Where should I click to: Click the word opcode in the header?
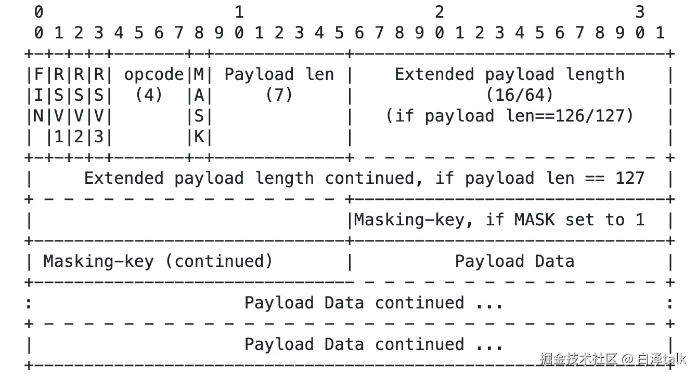pyautogui.click(x=154, y=75)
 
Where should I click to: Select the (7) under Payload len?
pyautogui.click(x=279, y=95)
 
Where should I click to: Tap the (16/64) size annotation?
pyautogui.click(x=519, y=95)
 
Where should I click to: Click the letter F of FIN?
pyautogui.click(x=38, y=75)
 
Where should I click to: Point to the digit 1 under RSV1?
pyautogui.click(x=59, y=137)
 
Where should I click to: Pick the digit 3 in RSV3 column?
pyautogui.click(x=99, y=137)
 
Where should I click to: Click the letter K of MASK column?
pyautogui.click(x=199, y=137)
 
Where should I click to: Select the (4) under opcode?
pyautogui.click(x=149, y=95)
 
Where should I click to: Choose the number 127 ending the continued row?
pyautogui.click(x=629, y=178)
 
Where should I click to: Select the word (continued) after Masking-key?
pyautogui.click(x=218, y=261)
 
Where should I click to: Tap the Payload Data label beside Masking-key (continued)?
pyautogui.click(x=514, y=261)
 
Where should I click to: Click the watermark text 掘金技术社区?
pyautogui.click(x=578, y=358)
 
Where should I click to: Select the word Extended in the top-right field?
pyautogui.click(x=434, y=75)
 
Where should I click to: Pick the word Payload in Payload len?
pyautogui.click(x=259, y=75)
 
